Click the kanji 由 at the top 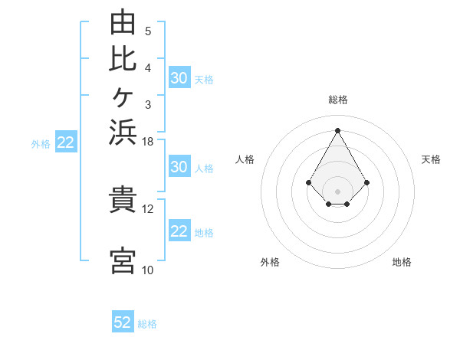click(123, 21)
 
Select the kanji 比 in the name click(123, 59)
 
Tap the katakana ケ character click(123, 97)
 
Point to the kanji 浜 click(123, 132)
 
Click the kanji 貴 click(123, 199)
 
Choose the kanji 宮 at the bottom click(123, 260)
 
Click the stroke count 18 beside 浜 click(147, 142)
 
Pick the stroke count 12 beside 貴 click(147, 209)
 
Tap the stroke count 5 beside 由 click(148, 31)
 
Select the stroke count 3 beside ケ click(148, 105)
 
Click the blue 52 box click(123, 321)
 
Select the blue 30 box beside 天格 click(180, 77)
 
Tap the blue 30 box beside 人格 click(180, 166)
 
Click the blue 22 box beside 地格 click(180, 230)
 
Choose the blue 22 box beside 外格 click(66, 141)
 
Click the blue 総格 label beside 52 click(147, 324)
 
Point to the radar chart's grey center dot click(337, 191)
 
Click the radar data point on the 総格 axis click(337, 130)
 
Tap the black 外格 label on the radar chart click(270, 262)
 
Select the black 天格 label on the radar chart click(431, 159)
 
